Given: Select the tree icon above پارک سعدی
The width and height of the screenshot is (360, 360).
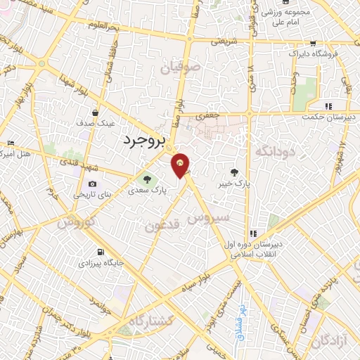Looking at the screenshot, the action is point(147,179).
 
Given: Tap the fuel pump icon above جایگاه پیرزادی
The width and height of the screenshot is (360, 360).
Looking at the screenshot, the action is point(99,252).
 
